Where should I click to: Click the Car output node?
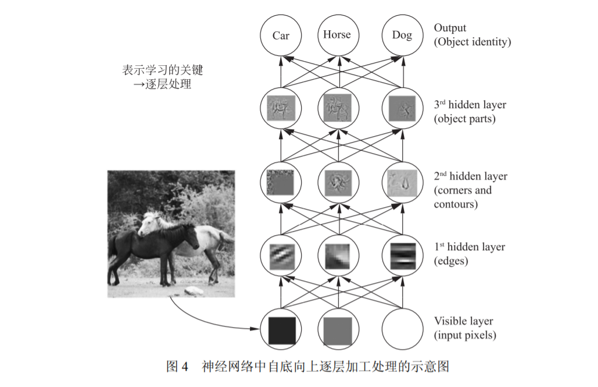281,35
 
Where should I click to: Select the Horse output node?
337,35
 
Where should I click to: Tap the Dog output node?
402,35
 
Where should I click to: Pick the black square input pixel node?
282,329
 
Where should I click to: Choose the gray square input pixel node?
338,329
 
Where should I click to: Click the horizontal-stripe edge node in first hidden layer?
402,254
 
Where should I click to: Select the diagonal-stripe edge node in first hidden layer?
282,254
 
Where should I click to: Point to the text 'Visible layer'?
463,321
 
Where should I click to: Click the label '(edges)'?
450,261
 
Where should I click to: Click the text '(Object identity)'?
472,42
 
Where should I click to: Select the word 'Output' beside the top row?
450,28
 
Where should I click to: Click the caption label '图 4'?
178,367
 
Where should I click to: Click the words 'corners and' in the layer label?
463,190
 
